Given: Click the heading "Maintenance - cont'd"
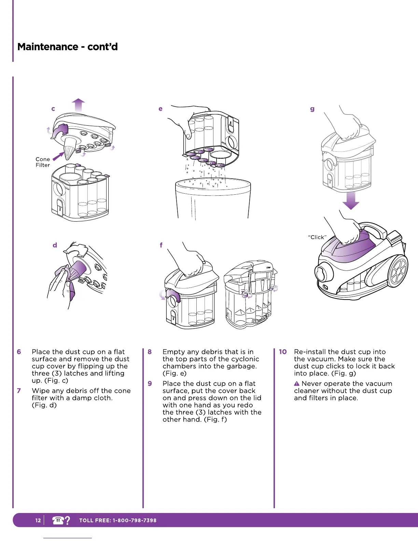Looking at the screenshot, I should point(67,47).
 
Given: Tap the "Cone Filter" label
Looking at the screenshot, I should point(43,162).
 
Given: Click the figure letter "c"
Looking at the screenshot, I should point(53,109).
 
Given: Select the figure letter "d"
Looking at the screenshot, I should point(55,245).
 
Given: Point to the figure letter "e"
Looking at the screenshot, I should point(160,109).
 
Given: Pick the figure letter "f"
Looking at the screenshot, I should point(161,245).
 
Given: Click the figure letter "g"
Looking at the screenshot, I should point(312,109).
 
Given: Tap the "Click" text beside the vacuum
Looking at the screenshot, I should point(317,237).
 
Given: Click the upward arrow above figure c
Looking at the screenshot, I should point(79,104).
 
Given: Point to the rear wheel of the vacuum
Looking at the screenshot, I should point(398,272).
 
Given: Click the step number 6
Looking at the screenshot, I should point(19,352).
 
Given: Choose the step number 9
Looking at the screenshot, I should point(150,384).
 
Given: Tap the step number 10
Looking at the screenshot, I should point(283,352).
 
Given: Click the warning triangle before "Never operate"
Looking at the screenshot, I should point(297,384).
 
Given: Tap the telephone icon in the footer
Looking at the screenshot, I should point(58,521).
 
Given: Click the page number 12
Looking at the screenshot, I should point(38,521).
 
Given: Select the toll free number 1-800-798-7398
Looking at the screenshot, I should point(135,521).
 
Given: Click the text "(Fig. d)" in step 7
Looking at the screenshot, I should point(44,405).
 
